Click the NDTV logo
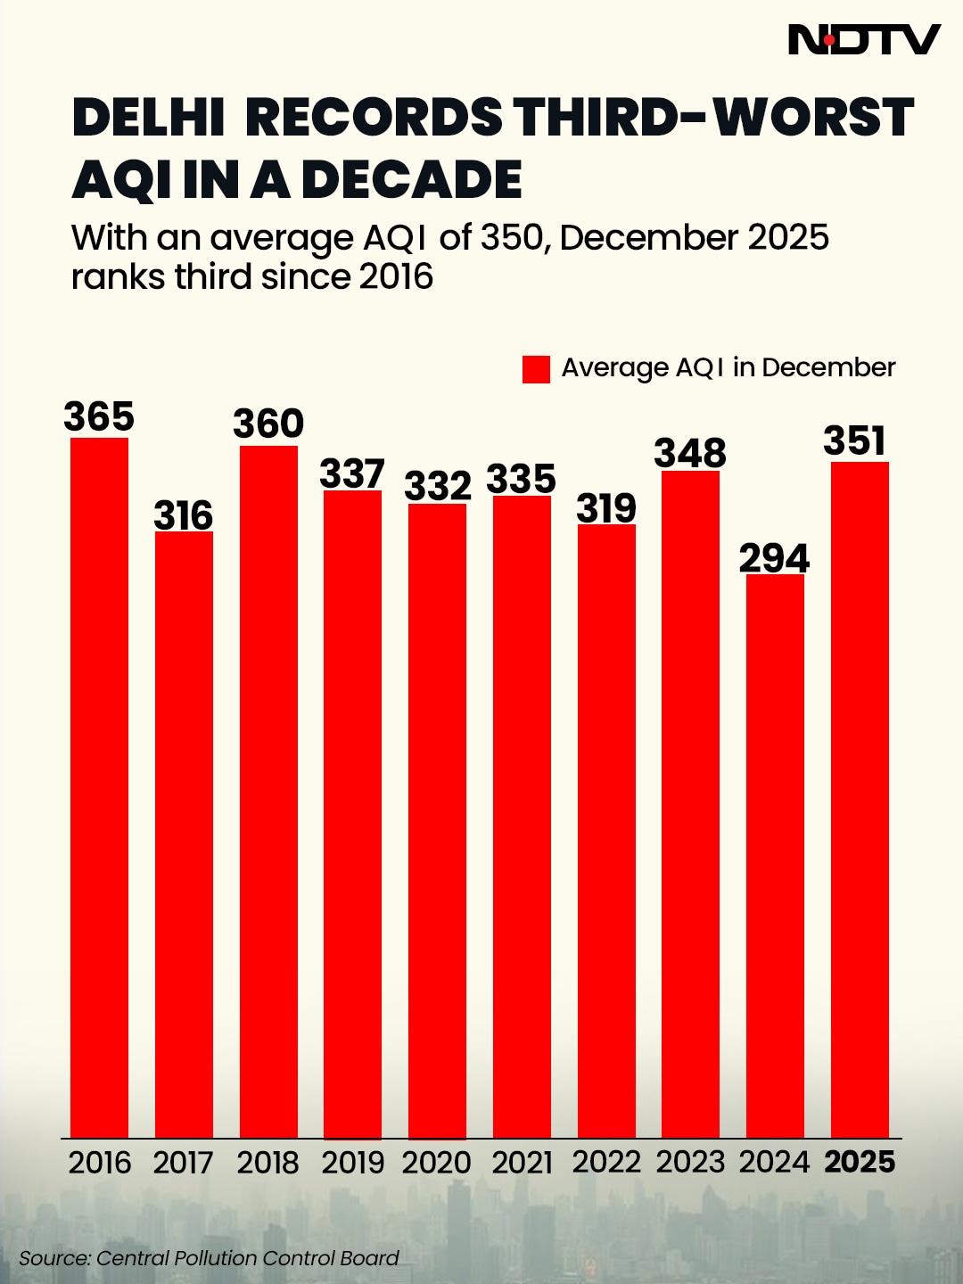[864, 40]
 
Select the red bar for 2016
[99, 785]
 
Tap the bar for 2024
[775, 856]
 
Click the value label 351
[855, 441]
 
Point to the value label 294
[774, 559]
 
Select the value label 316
[184, 516]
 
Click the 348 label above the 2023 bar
[690, 454]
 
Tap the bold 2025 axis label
[860, 1162]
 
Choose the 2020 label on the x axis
[437, 1163]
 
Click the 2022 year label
[606, 1162]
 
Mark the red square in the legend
[536, 369]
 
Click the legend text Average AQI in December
[728, 367]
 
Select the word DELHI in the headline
[148, 118]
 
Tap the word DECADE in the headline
[412, 180]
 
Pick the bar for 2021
[522, 816]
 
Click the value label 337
[352, 474]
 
